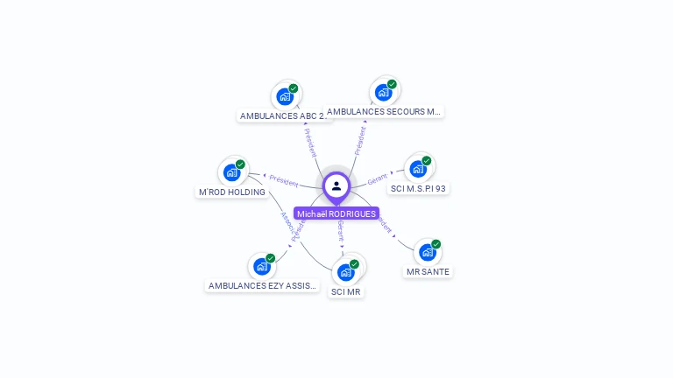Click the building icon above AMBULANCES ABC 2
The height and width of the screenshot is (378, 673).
coord(284,96)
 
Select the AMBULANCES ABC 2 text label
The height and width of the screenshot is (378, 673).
coord(284,115)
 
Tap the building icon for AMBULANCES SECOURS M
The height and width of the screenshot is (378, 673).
coord(383,92)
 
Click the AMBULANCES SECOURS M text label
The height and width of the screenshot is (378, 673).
coord(383,111)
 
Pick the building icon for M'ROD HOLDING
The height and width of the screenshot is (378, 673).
coord(231,172)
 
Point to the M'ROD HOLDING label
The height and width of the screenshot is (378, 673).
coord(232,192)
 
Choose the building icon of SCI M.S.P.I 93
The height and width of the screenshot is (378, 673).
coord(418,168)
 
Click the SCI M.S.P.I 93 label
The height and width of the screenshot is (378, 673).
coord(418,188)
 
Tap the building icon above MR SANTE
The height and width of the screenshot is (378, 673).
coord(428,252)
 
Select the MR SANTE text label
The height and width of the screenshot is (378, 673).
coord(428,271)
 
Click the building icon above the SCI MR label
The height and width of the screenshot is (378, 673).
coord(345,272)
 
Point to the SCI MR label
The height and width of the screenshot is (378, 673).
coord(346,291)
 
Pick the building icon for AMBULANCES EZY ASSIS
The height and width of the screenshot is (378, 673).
coord(262,266)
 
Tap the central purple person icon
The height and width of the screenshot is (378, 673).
coord(336,185)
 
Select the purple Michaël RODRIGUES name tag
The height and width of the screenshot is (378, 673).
coord(336,213)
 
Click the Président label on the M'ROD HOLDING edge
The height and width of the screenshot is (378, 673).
coord(284,180)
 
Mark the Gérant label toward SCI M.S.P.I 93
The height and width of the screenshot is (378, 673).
coord(378,178)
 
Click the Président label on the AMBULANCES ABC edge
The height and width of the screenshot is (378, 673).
coord(310,142)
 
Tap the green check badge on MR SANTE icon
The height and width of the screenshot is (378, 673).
coord(436,244)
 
